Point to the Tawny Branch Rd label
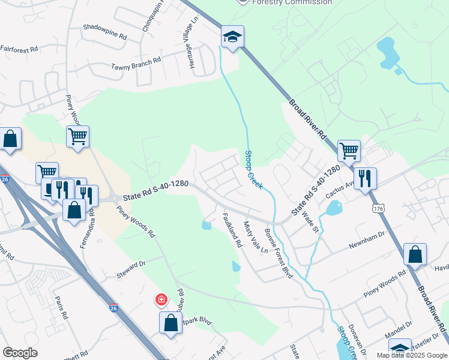(136, 60)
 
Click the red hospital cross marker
(161, 299)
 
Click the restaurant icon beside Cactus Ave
(365, 178)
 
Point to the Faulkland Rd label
(232, 231)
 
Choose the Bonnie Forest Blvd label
(279, 253)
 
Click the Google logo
(20, 353)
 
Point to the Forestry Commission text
(292, 2)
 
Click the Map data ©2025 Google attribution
(412, 355)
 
